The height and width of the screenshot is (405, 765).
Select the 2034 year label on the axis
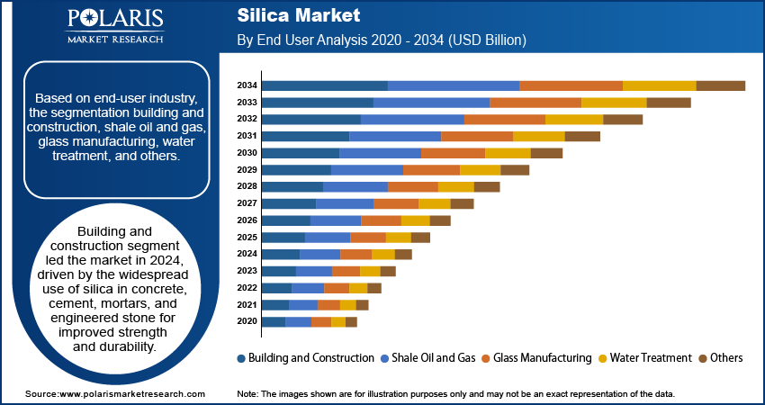click(x=247, y=85)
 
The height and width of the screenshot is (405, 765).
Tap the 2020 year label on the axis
click(x=247, y=321)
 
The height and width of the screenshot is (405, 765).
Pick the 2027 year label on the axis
click(x=247, y=203)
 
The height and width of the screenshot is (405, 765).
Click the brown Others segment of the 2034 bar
click(x=720, y=85)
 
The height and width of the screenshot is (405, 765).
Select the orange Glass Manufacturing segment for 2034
click(x=571, y=85)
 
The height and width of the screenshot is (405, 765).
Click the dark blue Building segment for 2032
click(x=310, y=119)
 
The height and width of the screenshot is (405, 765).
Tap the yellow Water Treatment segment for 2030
click(x=508, y=153)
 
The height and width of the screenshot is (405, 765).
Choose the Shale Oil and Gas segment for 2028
click(x=355, y=186)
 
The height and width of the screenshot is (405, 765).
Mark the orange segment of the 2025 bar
click(x=367, y=237)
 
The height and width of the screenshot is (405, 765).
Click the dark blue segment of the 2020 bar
click(x=273, y=321)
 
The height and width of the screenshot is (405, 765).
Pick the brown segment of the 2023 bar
click(x=388, y=271)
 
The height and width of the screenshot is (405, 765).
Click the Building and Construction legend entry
click(x=305, y=357)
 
